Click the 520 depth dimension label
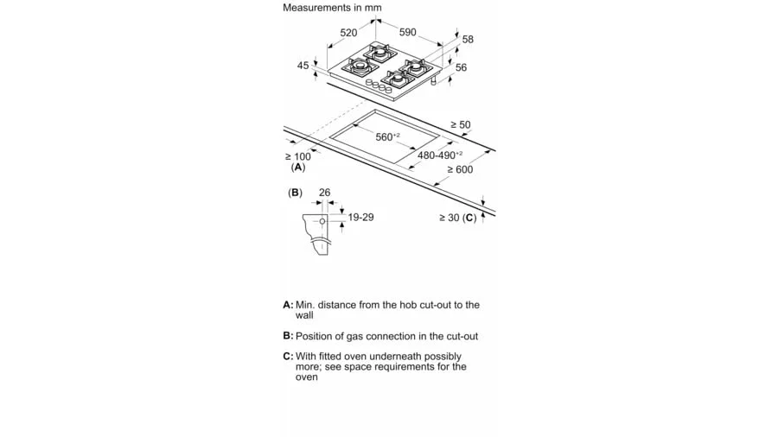[x=348, y=33]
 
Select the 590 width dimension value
[x=407, y=32]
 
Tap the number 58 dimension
[x=468, y=39]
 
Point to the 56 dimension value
[x=461, y=67]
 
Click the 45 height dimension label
[x=303, y=66]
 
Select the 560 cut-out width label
[x=387, y=136]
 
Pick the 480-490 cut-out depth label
[x=440, y=155]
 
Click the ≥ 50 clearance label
[x=461, y=125]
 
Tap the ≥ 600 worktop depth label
[x=460, y=169]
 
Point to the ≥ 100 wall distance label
[x=297, y=156]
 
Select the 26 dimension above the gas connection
[x=324, y=193]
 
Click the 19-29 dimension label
[x=360, y=218]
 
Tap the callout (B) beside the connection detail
[x=296, y=193]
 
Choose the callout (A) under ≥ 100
[x=298, y=168]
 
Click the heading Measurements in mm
[x=332, y=8]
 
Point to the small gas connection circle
[x=322, y=221]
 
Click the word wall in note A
[x=304, y=315]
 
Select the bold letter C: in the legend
[x=288, y=356]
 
